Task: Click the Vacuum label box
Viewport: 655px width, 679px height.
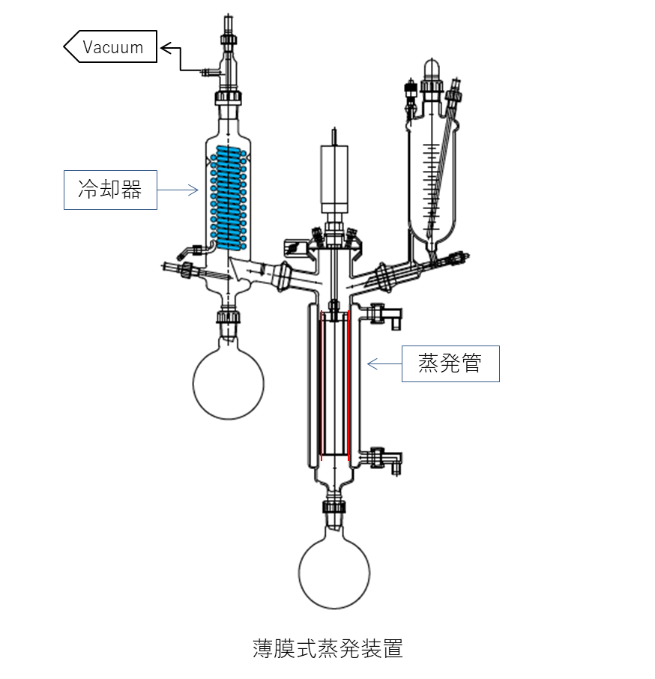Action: pyautogui.click(x=110, y=46)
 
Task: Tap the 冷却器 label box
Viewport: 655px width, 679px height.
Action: pyautogui.click(x=110, y=190)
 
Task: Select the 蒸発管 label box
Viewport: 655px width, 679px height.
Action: pyautogui.click(x=450, y=363)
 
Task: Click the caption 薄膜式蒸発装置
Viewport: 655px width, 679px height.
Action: pyautogui.click(x=327, y=648)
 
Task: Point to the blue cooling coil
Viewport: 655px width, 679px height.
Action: pyautogui.click(x=228, y=198)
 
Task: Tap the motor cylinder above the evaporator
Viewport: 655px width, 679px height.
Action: pyautogui.click(x=334, y=179)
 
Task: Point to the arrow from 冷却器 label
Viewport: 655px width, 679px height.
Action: pyautogui.click(x=178, y=190)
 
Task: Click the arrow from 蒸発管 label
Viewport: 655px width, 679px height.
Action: pyautogui.click(x=384, y=363)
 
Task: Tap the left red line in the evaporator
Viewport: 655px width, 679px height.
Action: pyautogui.click(x=321, y=386)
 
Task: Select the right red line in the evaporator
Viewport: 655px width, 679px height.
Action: pyautogui.click(x=348, y=386)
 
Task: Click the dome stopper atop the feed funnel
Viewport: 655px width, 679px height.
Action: pyautogui.click(x=431, y=69)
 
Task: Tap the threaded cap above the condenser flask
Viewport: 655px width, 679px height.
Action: pyautogui.click(x=228, y=316)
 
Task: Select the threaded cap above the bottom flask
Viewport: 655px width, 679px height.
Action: pyautogui.click(x=333, y=507)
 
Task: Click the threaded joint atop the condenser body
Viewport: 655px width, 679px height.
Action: pyautogui.click(x=228, y=97)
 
